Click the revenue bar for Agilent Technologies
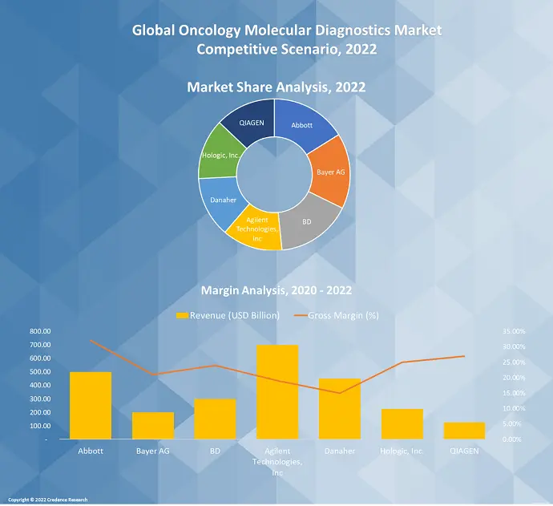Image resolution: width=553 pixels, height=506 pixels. tap(277, 392)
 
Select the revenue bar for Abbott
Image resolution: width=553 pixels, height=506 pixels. tap(91, 406)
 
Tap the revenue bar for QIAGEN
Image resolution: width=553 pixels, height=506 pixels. tap(464, 431)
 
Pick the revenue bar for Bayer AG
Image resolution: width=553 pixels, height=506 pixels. tap(153, 426)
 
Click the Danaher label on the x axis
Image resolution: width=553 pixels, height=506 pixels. tap(340, 451)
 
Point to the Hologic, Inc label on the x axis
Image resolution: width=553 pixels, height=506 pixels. tap(402, 451)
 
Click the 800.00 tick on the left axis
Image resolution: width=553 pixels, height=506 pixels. tap(40, 331)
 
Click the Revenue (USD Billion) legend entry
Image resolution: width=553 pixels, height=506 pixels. tap(228, 315)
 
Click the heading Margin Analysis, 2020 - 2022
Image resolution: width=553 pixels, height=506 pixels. tap(276, 289)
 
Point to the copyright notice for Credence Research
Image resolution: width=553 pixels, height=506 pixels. tap(48, 500)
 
